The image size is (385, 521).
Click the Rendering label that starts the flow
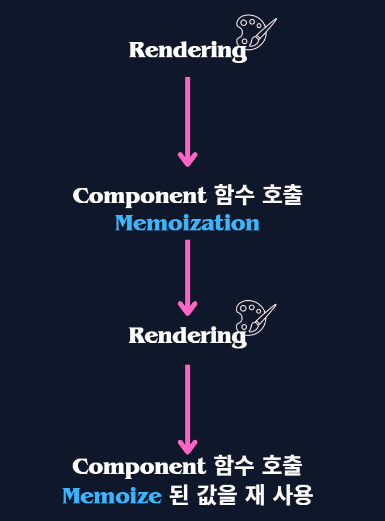tap(187, 51)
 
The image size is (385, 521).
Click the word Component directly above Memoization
tap(139, 196)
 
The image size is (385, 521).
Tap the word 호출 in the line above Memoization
tap(282, 196)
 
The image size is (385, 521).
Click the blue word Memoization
tap(187, 223)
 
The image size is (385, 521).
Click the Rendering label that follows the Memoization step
tap(187, 336)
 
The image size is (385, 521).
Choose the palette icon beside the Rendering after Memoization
tap(253, 317)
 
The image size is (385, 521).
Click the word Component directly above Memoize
tap(139, 467)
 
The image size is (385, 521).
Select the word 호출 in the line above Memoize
tap(282, 467)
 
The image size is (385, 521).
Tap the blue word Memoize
tap(112, 497)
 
